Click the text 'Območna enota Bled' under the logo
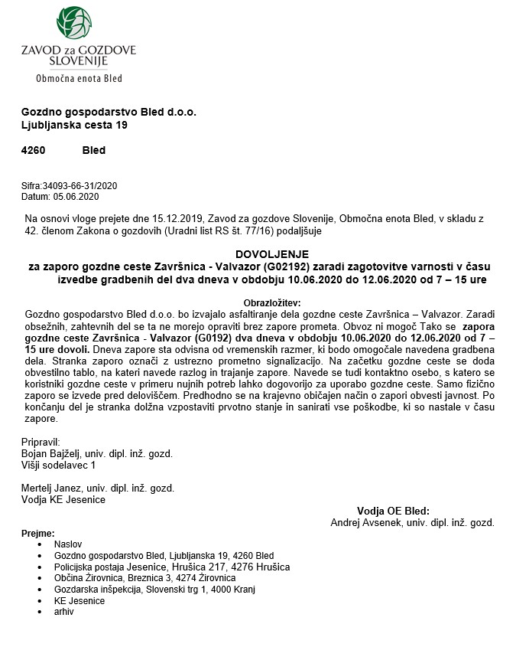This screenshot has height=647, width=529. coord(79,78)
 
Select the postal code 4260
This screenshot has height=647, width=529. coord(33,150)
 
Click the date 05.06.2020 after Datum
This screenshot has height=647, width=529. coord(75,196)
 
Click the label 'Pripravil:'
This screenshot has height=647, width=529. coord(43,443)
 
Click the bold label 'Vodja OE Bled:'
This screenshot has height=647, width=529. coord(393,511)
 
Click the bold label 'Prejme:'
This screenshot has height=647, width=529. coord(38,533)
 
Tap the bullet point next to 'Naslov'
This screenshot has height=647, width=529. coord(39,544)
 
